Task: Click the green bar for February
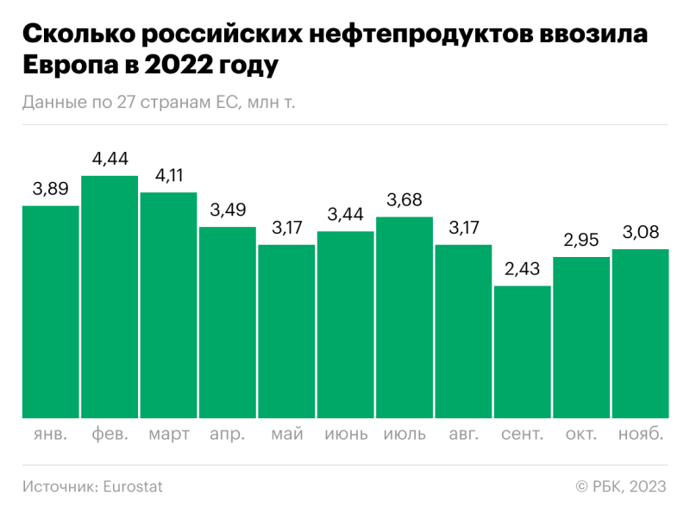click(110, 298)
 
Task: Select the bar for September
click(522, 352)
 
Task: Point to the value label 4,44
click(110, 159)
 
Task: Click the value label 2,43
click(522, 269)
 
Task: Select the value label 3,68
click(405, 200)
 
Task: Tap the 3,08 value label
click(640, 232)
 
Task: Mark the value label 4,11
click(169, 175)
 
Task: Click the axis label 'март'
click(169, 434)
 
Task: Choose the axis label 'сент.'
click(522, 434)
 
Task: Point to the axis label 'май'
click(286, 434)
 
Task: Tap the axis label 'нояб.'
click(640, 434)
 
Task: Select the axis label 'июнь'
click(346, 434)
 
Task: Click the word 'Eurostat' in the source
click(133, 486)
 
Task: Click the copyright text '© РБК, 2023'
click(621, 486)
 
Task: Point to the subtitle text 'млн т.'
click(271, 103)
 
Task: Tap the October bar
click(581, 337)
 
